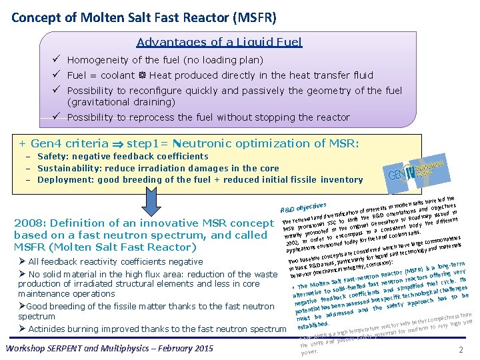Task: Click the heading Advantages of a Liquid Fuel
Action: pos(219,42)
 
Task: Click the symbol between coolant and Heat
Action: pos(143,75)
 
